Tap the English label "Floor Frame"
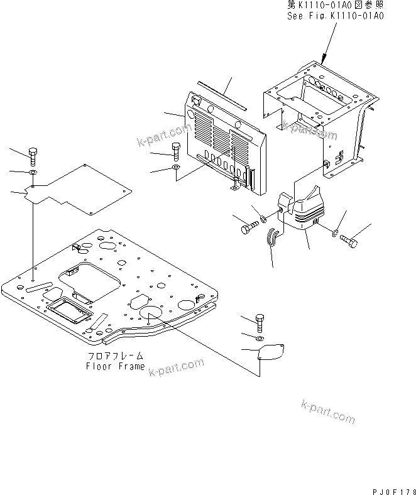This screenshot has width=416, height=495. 115,366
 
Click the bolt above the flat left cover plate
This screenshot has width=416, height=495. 33,155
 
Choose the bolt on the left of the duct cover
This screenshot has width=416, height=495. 248,227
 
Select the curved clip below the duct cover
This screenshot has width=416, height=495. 273,239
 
